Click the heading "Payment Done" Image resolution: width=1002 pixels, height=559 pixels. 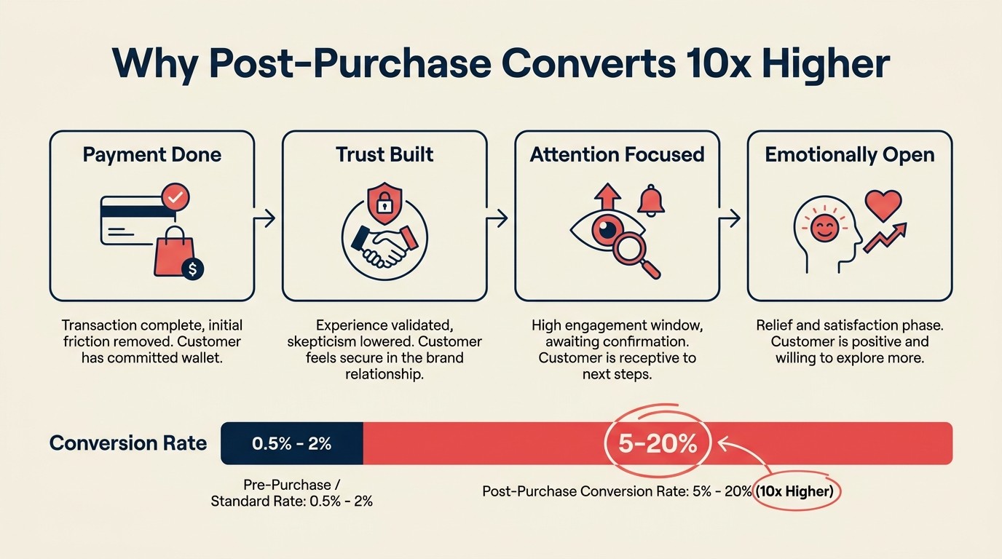tap(151, 155)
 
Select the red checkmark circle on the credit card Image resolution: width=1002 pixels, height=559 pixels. tap(175, 197)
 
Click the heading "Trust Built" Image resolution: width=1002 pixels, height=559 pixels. tap(384, 155)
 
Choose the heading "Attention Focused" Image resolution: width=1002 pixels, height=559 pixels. tap(617, 155)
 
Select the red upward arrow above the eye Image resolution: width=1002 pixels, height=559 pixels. tap(607, 198)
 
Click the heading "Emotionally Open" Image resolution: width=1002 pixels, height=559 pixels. tap(850, 155)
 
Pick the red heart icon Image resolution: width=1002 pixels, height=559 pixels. tap(883, 205)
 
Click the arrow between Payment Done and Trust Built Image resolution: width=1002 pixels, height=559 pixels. tap(268, 217)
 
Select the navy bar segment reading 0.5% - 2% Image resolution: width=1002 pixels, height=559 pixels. tap(291, 443)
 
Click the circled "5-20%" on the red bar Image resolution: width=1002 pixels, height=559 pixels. tap(658, 443)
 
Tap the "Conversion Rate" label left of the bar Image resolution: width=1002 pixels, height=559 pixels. tap(128, 443)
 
